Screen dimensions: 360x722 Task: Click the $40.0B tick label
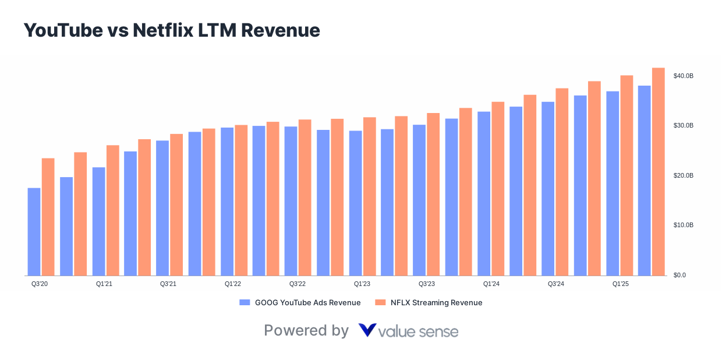tap(683, 76)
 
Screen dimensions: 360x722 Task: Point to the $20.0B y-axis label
tap(683, 175)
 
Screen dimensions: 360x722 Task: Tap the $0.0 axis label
tap(679, 275)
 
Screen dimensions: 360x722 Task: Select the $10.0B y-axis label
tap(683, 225)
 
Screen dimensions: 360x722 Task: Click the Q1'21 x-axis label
tap(104, 284)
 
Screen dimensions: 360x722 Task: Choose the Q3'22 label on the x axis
tap(298, 284)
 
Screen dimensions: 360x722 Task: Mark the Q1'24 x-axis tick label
tap(491, 284)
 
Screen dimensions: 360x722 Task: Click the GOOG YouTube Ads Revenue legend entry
tap(300, 302)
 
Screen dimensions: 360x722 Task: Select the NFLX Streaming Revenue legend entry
tap(429, 302)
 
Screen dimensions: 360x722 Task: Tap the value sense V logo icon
tap(367, 330)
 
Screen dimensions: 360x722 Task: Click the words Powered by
tap(306, 330)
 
